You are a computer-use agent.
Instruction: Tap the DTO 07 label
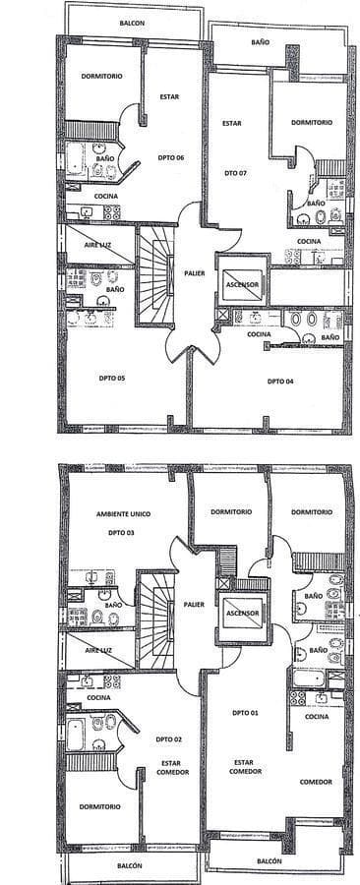pyautogui.click(x=235, y=174)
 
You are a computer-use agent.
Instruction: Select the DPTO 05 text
pyautogui.click(x=112, y=379)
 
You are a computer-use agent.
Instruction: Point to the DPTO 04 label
pyautogui.click(x=280, y=382)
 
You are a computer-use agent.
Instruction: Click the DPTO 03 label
pyautogui.click(x=121, y=532)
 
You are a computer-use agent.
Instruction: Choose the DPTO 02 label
pyautogui.click(x=170, y=738)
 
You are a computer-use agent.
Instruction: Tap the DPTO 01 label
pyautogui.click(x=246, y=713)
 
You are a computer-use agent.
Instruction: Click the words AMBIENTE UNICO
pyautogui.click(x=124, y=514)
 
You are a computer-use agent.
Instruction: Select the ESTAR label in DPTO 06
pyautogui.click(x=169, y=97)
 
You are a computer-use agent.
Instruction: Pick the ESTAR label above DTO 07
pyautogui.click(x=232, y=123)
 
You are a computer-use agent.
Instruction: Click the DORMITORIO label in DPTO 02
pyautogui.click(x=100, y=807)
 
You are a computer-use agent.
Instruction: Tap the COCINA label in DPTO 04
pyautogui.click(x=260, y=334)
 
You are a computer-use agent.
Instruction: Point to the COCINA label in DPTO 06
pyautogui.click(x=106, y=196)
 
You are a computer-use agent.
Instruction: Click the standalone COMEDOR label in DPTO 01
pyautogui.click(x=316, y=783)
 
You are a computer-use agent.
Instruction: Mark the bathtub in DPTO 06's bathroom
pyautogui.click(x=76, y=161)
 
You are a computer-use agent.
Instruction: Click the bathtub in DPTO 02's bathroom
pyautogui.click(x=76, y=734)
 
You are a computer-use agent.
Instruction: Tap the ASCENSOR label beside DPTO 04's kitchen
pyautogui.click(x=242, y=285)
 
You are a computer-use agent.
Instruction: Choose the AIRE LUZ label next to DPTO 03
pyautogui.click(x=98, y=650)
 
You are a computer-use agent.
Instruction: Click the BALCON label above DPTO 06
pyautogui.click(x=132, y=24)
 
